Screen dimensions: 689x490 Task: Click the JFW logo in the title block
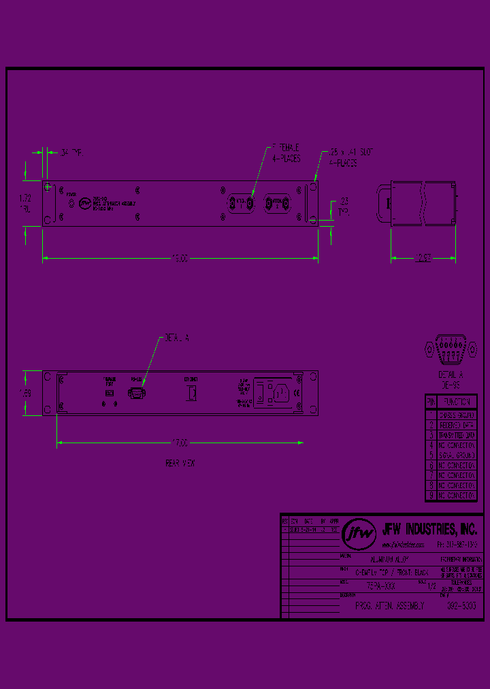[x=358, y=534]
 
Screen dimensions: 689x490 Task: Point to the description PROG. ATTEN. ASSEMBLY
[x=390, y=605]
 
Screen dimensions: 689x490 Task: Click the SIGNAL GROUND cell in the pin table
[x=456, y=453]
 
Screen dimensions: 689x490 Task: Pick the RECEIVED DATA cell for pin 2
[x=456, y=423]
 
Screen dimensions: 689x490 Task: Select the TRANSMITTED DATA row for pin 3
[x=456, y=433]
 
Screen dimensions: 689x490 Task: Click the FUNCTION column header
[x=456, y=402]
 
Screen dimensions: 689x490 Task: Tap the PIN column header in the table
[x=430, y=402]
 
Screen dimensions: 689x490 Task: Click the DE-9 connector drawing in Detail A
[x=449, y=349]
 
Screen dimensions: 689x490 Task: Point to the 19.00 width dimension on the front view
[x=179, y=258]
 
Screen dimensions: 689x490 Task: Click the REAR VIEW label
[x=180, y=463]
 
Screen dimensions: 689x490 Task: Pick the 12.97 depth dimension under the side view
[x=424, y=258]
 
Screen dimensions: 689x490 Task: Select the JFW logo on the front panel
[x=84, y=202]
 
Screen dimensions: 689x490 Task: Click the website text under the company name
[x=403, y=545]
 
